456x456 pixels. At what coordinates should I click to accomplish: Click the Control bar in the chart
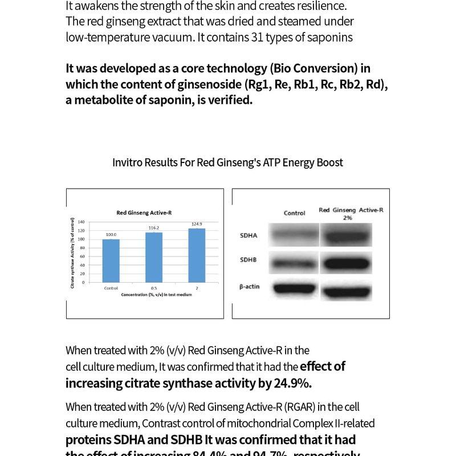[x=111, y=260]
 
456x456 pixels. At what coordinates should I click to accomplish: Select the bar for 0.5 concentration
[x=154, y=257]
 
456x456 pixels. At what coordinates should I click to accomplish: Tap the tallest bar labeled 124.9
[x=197, y=255]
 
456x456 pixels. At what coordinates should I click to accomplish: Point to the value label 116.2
[x=154, y=228]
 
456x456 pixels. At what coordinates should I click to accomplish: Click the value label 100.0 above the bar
[x=111, y=235]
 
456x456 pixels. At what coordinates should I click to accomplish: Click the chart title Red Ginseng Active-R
[x=144, y=213]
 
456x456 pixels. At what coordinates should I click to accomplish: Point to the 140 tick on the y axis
[x=81, y=222]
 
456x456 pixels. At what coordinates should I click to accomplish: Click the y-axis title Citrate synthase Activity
[x=73, y=252]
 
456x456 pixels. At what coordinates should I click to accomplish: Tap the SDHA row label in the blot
[x=249, y=235]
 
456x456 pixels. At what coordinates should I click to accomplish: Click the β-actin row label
[x=250, y=287]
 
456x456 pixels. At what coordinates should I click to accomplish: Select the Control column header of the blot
[x=295, y=213]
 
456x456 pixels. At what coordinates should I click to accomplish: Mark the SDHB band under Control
[x=295, y=263]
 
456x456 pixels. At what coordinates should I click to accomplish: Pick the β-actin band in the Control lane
[x=295, y=288]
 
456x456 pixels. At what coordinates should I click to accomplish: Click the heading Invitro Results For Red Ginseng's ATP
[x=227, y=162]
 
